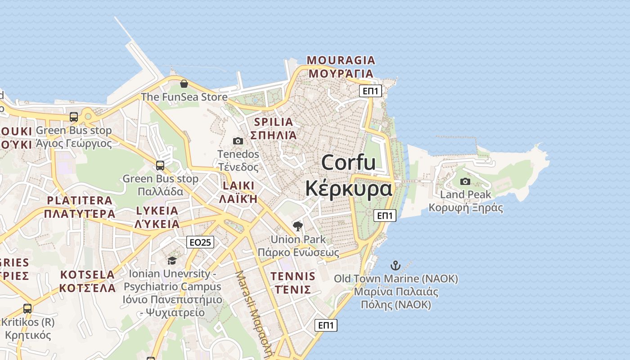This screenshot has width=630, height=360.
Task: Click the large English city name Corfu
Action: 348,162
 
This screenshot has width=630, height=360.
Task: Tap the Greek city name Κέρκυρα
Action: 348,189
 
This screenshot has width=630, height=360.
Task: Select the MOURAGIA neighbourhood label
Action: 341,60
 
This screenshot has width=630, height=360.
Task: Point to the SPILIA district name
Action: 274,122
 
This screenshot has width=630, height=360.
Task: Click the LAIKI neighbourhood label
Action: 238,186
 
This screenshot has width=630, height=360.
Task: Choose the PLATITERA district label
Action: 80,201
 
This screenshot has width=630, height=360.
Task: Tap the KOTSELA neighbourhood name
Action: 88,274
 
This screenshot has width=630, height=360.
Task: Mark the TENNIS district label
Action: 293,276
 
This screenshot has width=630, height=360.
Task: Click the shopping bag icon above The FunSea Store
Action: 184,84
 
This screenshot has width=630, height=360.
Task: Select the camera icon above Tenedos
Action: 238,141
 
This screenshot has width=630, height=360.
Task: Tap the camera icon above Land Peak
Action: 465,182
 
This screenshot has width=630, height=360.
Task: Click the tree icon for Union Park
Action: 297,226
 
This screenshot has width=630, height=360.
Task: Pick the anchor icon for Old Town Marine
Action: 396,265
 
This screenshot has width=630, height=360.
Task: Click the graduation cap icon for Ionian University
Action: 172,261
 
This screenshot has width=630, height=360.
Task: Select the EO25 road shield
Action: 200,243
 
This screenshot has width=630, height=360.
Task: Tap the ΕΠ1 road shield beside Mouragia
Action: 371,91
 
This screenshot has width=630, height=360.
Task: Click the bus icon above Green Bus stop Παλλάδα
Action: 160,166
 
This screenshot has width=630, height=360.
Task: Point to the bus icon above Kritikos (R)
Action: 27,309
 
